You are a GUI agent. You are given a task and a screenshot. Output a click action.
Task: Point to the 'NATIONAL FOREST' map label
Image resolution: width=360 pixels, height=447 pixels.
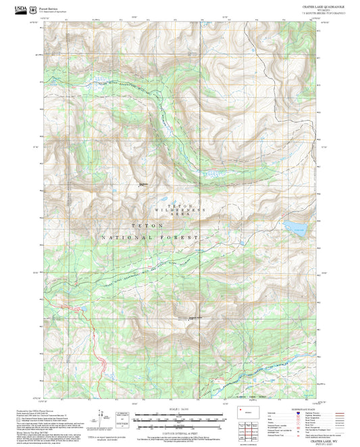[x=149, y=238]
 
